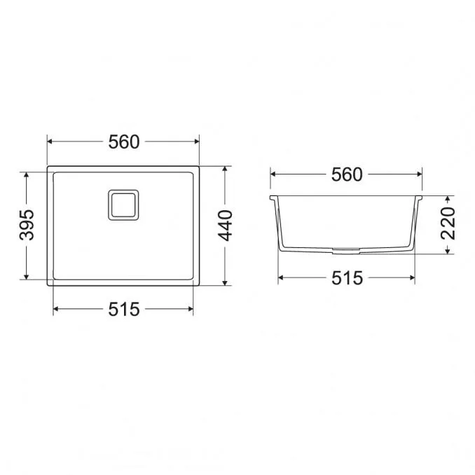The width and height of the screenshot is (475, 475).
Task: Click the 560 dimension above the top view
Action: tap(124, 142)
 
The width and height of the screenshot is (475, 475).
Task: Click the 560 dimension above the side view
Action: tap(347, 174)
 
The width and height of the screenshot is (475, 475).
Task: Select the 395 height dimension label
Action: tap(27, 225)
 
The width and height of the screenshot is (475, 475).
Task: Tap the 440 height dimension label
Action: tap(226, 226)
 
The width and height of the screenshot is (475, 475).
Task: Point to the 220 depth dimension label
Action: tap(448, 223)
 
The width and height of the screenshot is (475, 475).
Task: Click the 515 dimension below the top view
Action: tap(124, 309)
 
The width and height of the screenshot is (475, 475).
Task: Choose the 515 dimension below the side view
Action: tap(347, 278)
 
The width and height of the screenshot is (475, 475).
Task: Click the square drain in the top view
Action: tap(123, 205)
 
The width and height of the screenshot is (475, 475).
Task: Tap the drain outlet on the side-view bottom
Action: tap(346, 250)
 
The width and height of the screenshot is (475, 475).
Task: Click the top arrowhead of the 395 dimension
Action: tap(27, 175)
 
